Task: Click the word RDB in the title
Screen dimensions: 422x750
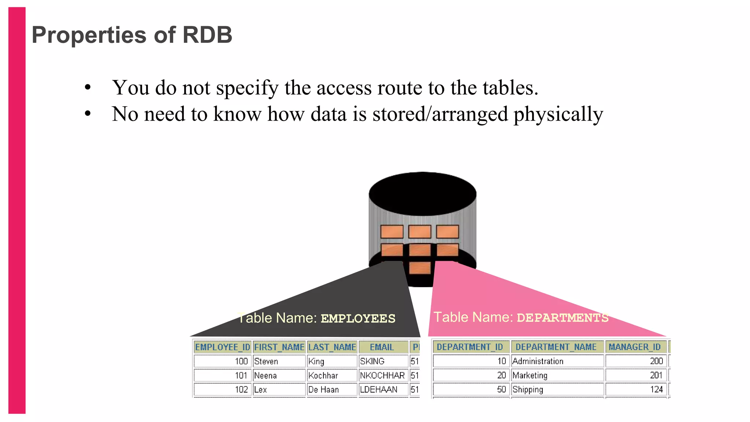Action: pyautogui.click(x=207, y=35)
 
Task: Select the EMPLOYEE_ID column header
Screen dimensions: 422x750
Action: pyautogui.click(x=222, y=347)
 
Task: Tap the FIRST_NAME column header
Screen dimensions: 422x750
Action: pyautogui.click(x=279, y=347)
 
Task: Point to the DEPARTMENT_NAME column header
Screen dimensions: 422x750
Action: pyautogui.click(x=556, y=347)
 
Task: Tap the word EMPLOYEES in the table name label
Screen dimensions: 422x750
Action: pyautogui.click(x=358, y=318)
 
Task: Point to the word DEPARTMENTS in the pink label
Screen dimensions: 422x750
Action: pyautogui.click(x=562, y=318)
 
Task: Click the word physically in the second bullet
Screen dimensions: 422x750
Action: pyautogui.click(x=558, y=114)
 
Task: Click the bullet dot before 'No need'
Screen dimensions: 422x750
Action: pyautogui.click(x=88, y=114)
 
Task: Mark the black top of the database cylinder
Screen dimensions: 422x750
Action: pyautogui.click(x=422, y=193)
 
